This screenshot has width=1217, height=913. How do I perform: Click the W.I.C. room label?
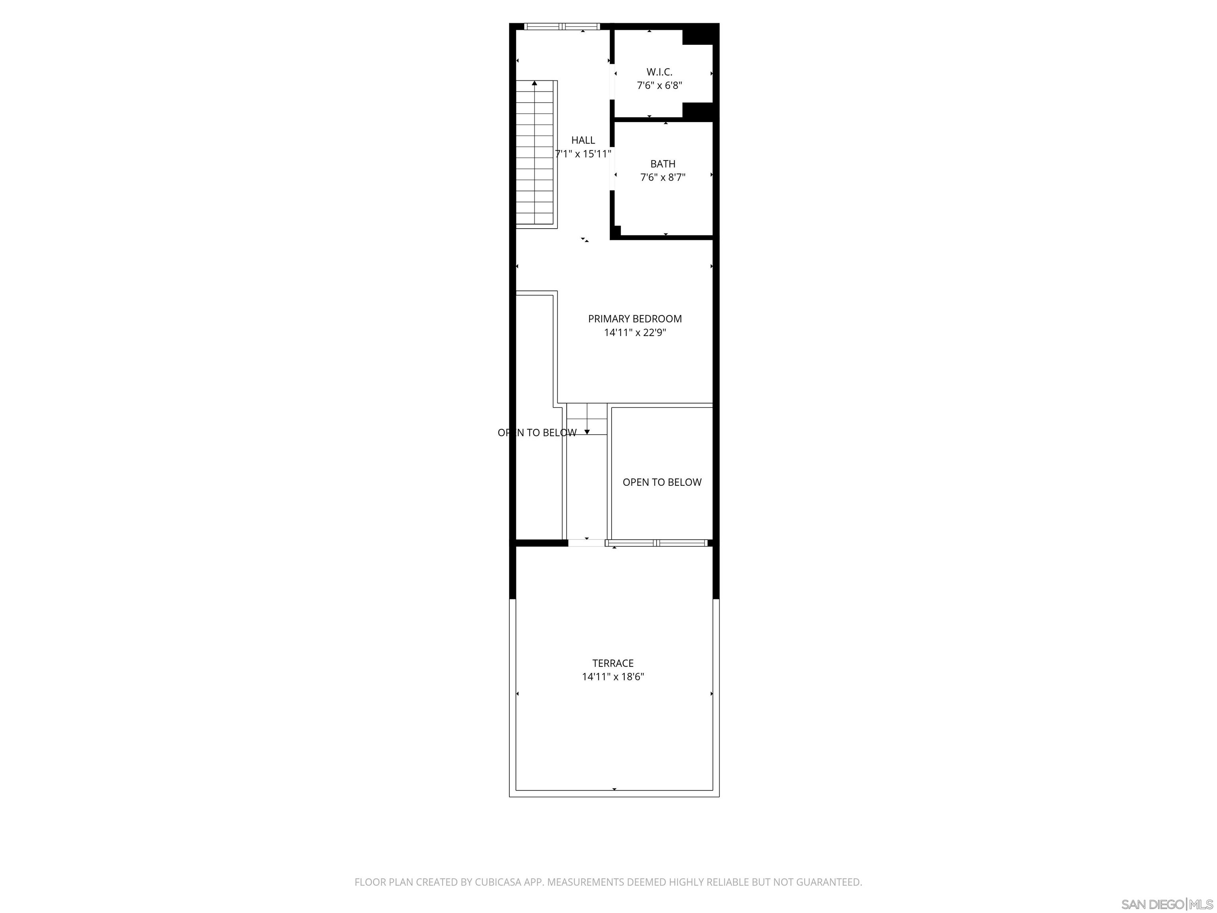[x=659, y=72]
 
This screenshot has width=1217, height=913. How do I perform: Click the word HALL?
[x=583, y=140]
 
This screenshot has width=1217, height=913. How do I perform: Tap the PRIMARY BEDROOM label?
[x=634, y=319]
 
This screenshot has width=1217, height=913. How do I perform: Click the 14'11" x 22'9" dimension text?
[x=634, y=332]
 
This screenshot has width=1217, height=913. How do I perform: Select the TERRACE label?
[x=612, y=663]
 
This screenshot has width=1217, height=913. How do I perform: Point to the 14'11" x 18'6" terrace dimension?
[x=612, y=677]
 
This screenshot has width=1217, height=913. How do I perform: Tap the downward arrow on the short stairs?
[x=586, y=432]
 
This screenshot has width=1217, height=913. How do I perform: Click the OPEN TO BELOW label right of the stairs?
[x=662, y=483]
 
